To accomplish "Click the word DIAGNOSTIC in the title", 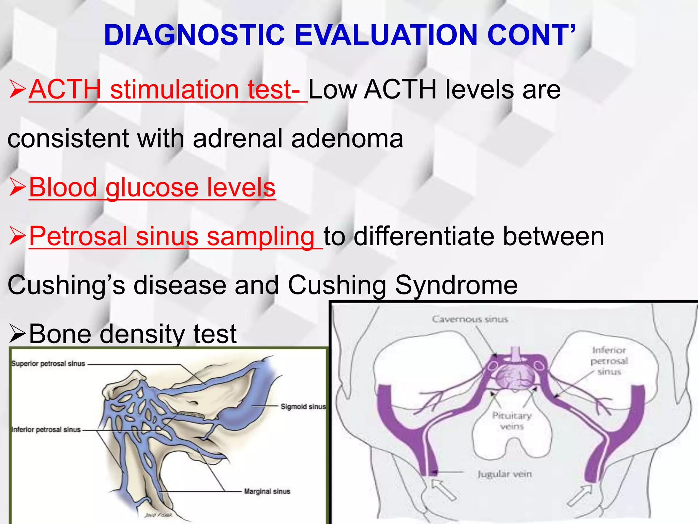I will pos(194,35).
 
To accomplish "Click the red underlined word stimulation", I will pos(174,90).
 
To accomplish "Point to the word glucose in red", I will pos(152,188).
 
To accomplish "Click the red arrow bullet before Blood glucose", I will pos(17,188).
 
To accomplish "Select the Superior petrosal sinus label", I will pos(48,364).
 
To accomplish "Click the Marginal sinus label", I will pos(267,491).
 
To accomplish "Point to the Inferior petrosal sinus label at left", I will pos(46,430).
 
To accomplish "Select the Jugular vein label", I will pos(504,474).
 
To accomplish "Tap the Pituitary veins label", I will pos(512,421).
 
